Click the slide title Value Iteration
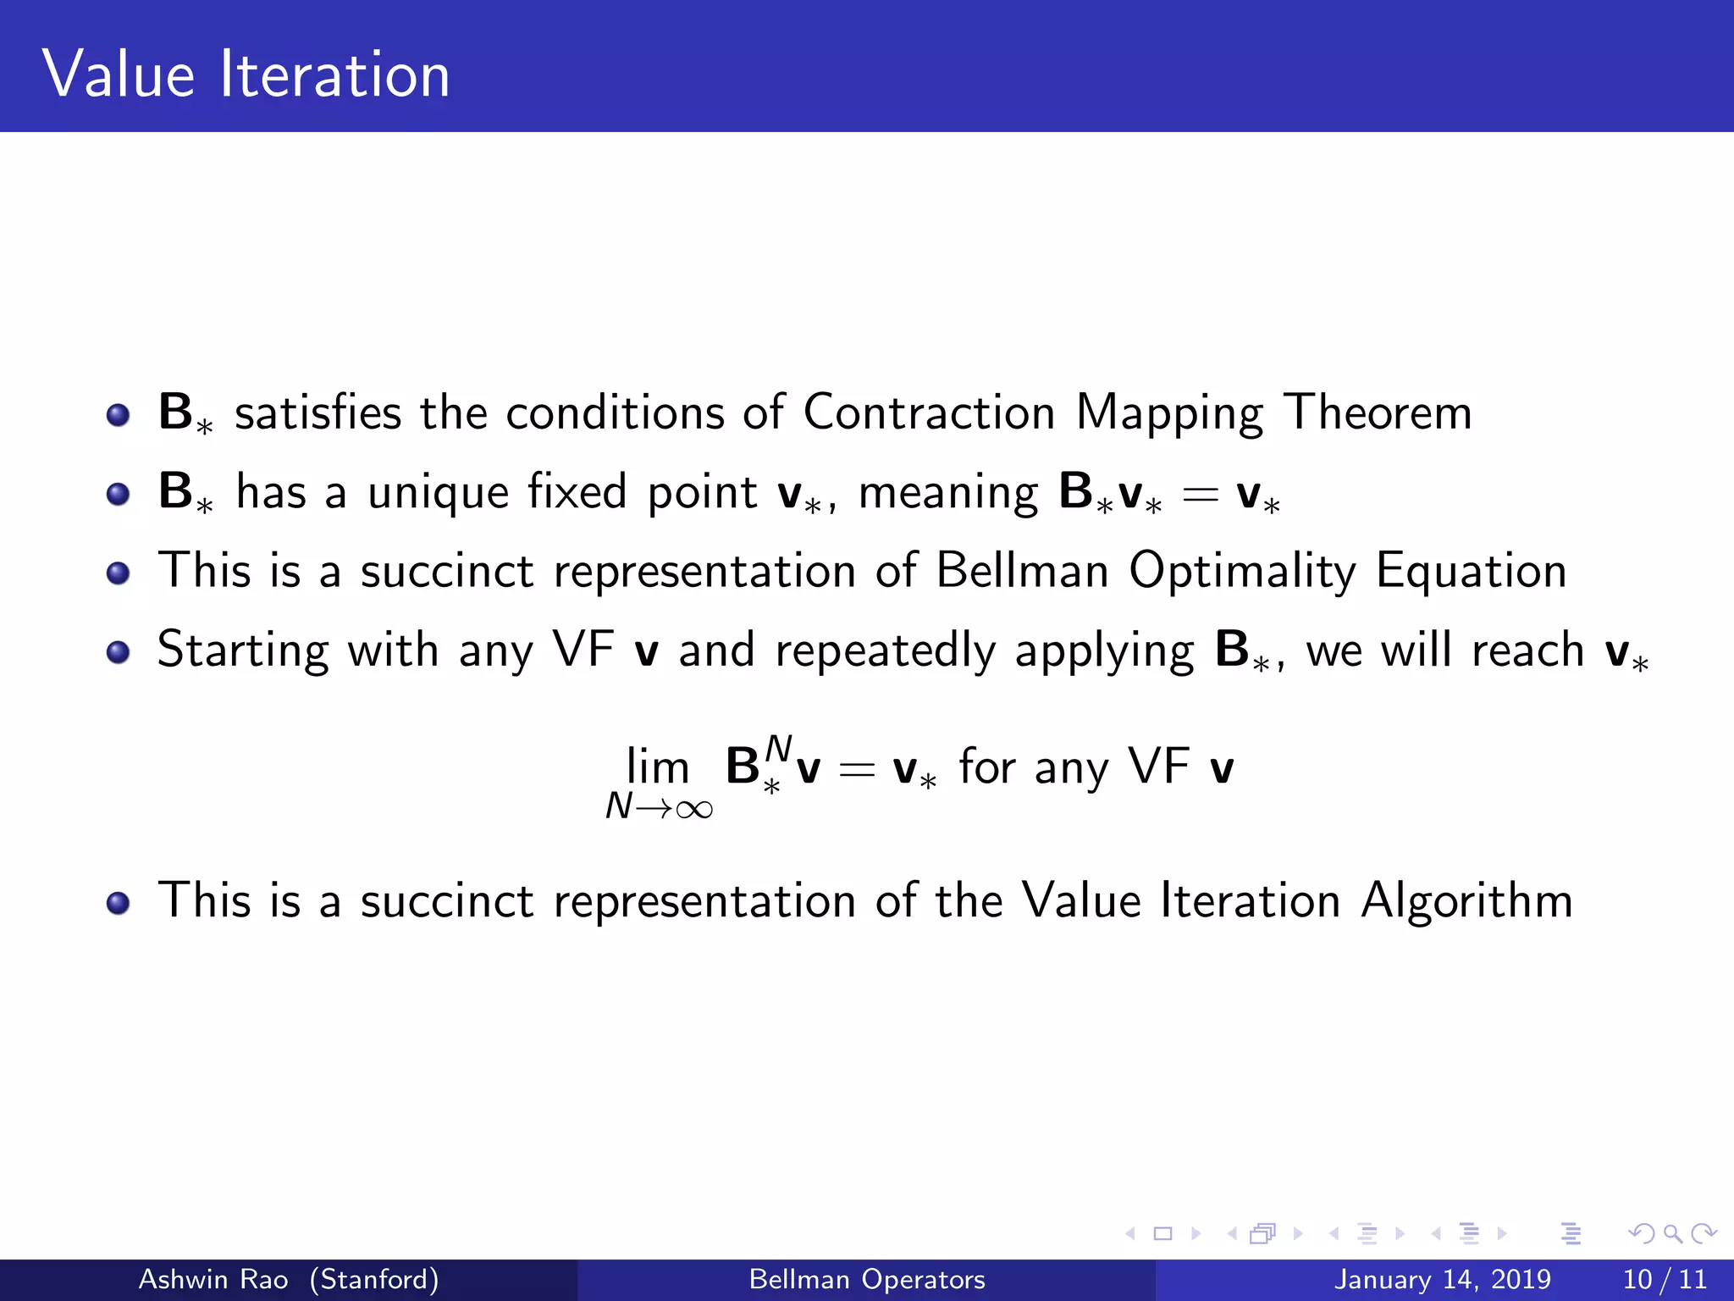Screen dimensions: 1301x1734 coord(246,75)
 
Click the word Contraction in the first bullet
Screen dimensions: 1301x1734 coord(928,412)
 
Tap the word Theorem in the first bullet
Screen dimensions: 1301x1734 coord(1378,412)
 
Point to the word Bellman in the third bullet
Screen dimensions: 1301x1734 coord(1022,570)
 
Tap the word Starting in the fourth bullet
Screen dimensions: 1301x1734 coord(243,651)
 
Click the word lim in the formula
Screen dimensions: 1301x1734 coord(657,767)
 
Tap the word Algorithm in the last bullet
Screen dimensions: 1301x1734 coord(1466,900)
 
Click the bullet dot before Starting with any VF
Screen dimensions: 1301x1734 coord(119,652)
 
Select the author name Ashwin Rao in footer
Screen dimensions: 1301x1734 coord(213,1279)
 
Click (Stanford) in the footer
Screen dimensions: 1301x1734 coord(374,1279)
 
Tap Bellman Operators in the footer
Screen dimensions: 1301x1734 coord(867,1279)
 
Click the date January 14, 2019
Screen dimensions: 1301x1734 coord(1442,1279)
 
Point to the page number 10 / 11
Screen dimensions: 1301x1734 coord(1664,1279)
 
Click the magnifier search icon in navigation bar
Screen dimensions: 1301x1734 coord(1672,1233)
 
